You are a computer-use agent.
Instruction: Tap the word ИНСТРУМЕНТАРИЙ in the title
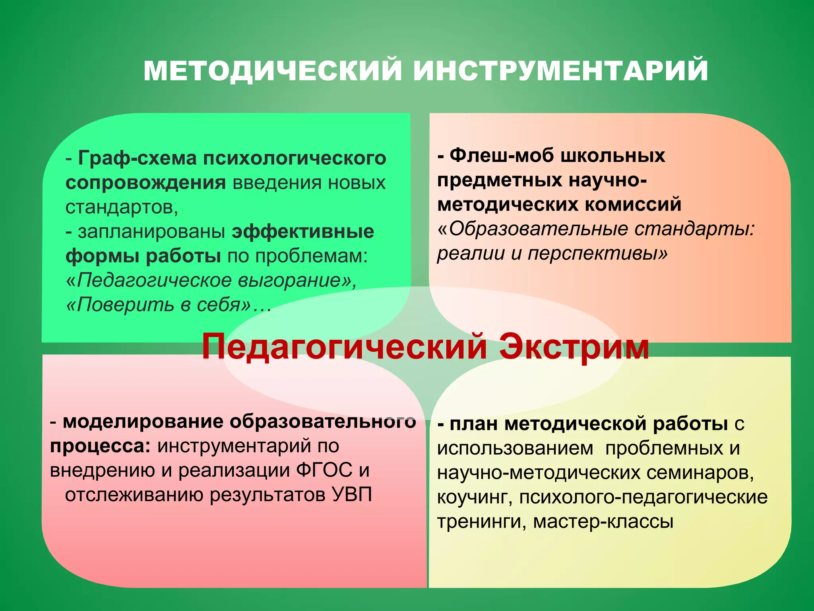point(560,71)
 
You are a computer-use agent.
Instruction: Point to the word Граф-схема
point(138,158)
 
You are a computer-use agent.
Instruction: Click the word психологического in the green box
point(295,158)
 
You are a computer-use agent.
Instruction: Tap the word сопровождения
point(145,183)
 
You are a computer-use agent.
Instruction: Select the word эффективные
point(303,232)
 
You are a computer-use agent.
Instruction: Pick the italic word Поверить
point(121,305)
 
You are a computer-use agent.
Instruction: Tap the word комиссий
point(633,204)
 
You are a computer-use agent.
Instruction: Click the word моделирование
point(143,422)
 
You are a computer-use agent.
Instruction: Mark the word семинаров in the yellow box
point(700,473)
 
